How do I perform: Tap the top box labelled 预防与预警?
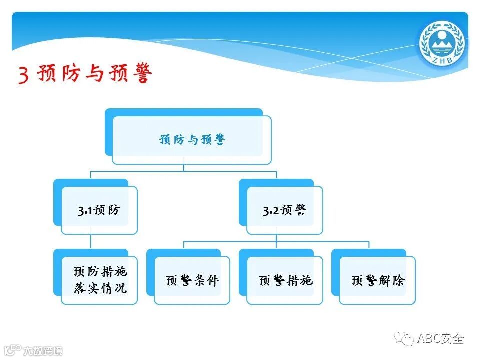click(x=192, y=139)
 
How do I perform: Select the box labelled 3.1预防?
click(x=99, y=210)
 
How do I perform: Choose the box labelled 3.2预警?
click(x=284, y=210)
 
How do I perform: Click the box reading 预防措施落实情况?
click(x=99, y=280)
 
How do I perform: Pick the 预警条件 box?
click(x=192, y=280)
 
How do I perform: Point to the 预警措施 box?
click(x=285, y=280)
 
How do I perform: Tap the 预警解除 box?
click(x=377, y=280)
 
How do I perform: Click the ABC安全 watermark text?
click(x=440, y=338)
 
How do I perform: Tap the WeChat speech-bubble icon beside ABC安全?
click(x=404, y=339)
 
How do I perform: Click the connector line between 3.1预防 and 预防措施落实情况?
click(x=91, y=242)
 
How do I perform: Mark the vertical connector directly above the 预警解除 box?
click(x=369, y=244)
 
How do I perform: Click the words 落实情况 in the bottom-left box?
click(x=100, y=288)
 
